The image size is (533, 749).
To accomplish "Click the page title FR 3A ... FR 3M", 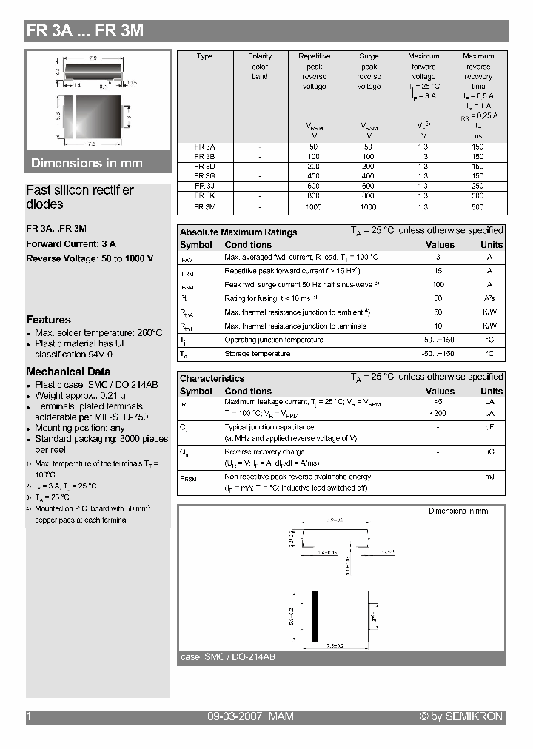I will [x=84, y=31].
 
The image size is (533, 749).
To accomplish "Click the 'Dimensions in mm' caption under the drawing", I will [x=87, y=163].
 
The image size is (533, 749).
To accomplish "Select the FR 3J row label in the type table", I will [x=204, y=187].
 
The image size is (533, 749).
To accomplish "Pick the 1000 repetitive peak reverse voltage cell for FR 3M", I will [x=314, y=207].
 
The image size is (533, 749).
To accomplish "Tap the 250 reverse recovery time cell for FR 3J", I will [x=477, y=187].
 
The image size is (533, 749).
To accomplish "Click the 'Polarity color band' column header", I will [x=260, y=66].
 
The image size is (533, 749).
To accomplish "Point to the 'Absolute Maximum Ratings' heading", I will [x=238, y=232].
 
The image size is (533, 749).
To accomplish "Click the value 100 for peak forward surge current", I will [x=438, y=284].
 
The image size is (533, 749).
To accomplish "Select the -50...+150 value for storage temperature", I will [x=438, y=354].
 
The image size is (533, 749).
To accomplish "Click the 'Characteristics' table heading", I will [x=212, y=378].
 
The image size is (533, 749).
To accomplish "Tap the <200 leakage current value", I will [x=438, y=413].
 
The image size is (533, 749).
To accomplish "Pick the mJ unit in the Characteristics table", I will [x=489, y=477].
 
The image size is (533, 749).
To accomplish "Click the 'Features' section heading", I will [x=48, y=320].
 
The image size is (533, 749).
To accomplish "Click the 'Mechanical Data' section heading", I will [x=68, y=372].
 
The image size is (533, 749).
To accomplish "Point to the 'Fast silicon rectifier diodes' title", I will [x=80, y=197].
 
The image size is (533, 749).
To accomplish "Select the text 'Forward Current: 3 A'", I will [x=71, y=243].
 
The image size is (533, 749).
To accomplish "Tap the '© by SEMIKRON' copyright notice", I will [x=460, y=716].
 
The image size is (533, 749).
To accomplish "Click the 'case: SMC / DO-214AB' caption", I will [x=228, y=657].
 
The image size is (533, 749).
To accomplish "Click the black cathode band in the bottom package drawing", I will [x=315, y=616].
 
